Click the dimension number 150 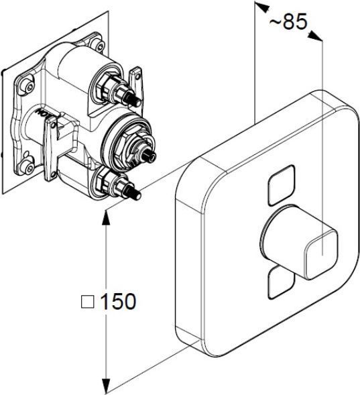(x=118, y=301)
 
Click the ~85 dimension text (x=288, y=21)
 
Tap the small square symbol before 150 (x=88, y=302)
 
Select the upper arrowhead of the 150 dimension (x=107, y=217)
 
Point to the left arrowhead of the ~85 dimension (x=262, y=7)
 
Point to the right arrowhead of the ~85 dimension (x=315, y=36)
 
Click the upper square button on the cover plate (x=282, y=184)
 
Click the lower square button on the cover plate (x=281, y=282)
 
